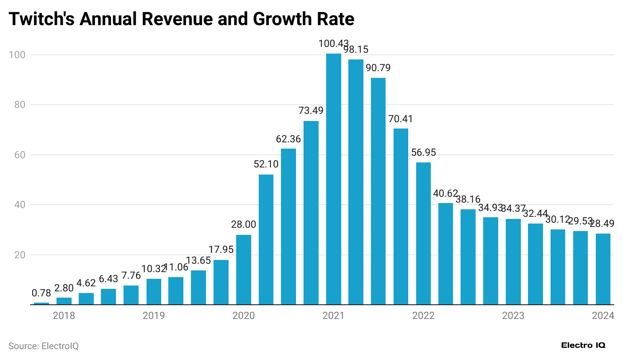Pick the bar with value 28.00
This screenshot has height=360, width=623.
pyautogui.click(x=244, y=270)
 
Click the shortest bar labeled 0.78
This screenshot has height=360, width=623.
pyautogui.click(x=41, y=303)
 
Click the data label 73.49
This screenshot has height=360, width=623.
pyautogui.click(x=311, y=111)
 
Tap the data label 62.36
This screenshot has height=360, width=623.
pyautogui.click(x=288, y=139)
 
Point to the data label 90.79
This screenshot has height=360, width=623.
pyautogui.click(x=378, y=68)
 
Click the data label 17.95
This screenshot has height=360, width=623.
pyautogui.click(x=221, y=249)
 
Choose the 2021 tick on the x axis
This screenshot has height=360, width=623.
pyautogui.click(x=333, y=316)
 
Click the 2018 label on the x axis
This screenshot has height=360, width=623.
pyautogui.click(x=64, y=316)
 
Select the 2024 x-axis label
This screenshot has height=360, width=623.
pyautogui.click(x=603, y=316)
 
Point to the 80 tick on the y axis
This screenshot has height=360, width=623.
pyautogui.click(x=20, y=105)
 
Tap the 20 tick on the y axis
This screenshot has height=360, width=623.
pyautogui.click(x=20, y=255)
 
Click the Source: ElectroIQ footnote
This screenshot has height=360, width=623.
pyautogui.click(x=44, y=346)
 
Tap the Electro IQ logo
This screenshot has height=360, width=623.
pyautogui.click(x=583, y=345)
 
